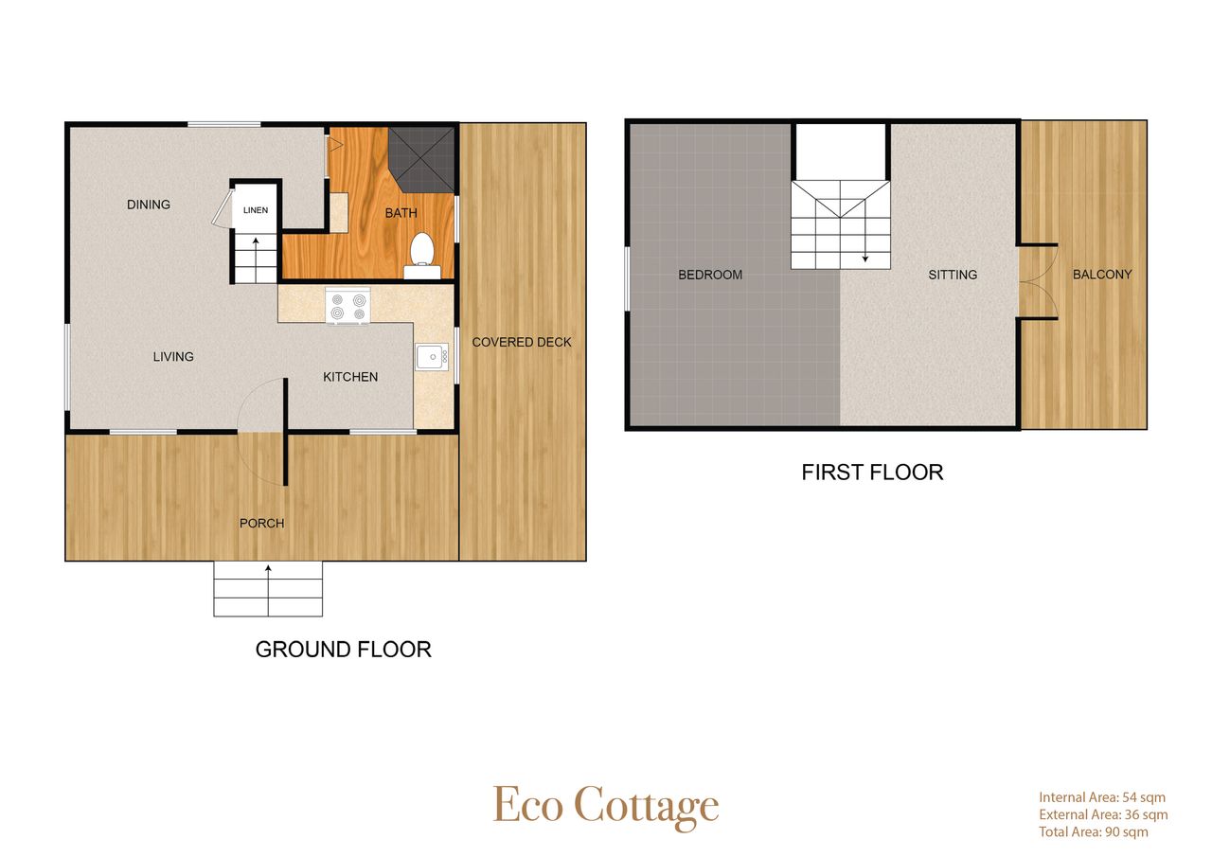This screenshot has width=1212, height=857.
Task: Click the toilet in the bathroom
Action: coord(422,256)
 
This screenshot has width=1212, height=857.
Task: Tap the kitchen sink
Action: coord(432,357)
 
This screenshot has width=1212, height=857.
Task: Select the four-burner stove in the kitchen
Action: coord(348,306)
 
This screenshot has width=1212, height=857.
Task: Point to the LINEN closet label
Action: coord(256,210)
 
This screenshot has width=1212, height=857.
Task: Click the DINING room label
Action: coord(149,205)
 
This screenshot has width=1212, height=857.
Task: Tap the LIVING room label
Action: coord(173,357)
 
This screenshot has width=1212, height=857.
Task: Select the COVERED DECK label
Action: coord(522,342)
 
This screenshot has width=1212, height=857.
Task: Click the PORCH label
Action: coord(262,523)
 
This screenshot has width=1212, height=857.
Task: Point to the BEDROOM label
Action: coord(710,275)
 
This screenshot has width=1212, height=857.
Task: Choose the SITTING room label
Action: coord(953,275)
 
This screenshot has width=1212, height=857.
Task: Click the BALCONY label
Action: coord(1102,275)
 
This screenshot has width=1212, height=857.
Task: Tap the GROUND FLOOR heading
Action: coord(344,650)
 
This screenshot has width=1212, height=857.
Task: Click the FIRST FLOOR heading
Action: coord(872,473)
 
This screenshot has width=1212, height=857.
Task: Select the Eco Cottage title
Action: coord(606,807)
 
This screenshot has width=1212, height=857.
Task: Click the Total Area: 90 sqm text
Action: coord(1094,831)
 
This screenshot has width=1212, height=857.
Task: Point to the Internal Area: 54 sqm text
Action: coord(1102,797)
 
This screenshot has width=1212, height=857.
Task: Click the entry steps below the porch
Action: coord(268,589)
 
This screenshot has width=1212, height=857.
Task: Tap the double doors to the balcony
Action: coord(1039,281)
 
